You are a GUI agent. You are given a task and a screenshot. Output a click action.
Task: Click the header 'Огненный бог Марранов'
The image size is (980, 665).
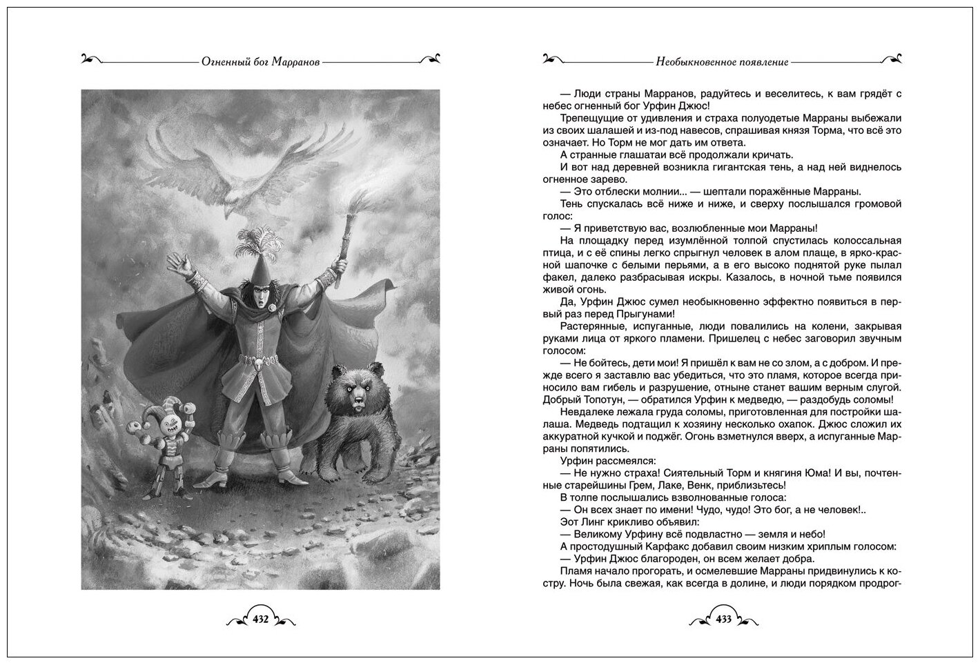261,61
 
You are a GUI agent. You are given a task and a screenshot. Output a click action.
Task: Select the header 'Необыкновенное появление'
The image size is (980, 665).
722,61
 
